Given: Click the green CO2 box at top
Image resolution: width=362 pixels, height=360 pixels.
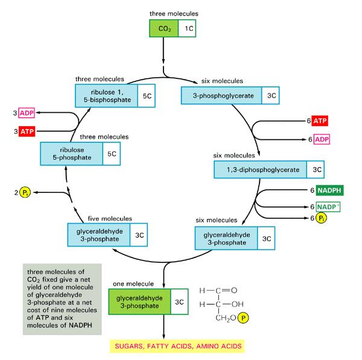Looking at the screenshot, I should [x=164, y=28].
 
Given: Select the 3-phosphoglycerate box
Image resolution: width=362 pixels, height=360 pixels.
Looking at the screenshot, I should [x=221, y=95].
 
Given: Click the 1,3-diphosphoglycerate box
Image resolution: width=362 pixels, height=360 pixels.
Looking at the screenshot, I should [x=260, y=170].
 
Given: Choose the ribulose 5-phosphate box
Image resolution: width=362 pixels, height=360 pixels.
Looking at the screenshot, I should [x=70, y=153].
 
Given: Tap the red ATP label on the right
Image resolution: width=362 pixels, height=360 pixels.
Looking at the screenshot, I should [x=320, y=121].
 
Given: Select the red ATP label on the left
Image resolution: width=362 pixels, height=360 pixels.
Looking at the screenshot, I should [x=27, y=131].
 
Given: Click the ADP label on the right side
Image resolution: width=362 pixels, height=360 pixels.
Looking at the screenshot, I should [x=320, y=139].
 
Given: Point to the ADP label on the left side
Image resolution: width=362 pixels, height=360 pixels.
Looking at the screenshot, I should [x=27, y=113].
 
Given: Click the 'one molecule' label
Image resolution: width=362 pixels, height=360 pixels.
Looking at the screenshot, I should [x=132, y=283].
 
